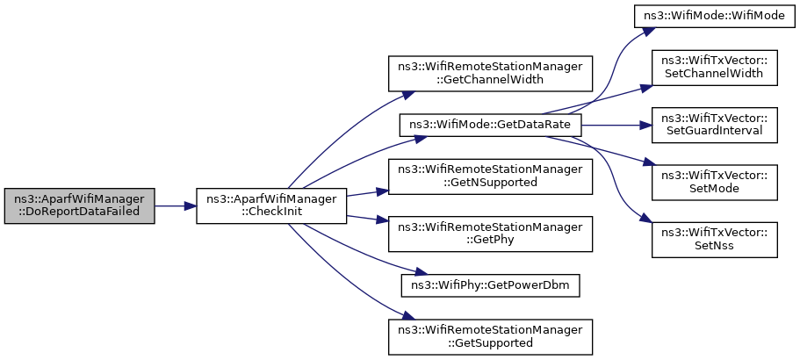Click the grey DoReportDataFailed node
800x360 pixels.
pos(80,206)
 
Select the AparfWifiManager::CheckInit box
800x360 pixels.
pos(272,206)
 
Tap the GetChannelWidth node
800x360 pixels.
pos(490,74)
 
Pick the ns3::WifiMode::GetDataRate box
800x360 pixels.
pos(490,126)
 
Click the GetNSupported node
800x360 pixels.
pos(490,177)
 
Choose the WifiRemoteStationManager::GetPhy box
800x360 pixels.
pos(490,234)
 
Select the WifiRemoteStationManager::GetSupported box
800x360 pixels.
pos(490,337)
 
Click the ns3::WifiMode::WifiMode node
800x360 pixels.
pos(714,18)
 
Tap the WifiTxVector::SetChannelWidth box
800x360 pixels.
pos(714,68)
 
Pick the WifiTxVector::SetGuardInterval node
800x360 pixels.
pos(714,126)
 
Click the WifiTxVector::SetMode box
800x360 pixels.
pos(714,183)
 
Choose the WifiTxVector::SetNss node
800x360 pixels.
pos(714,241)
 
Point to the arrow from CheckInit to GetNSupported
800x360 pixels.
pos(367,193)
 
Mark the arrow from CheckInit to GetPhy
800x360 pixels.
pos(367,219)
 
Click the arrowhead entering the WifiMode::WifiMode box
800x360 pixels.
pos(647,31)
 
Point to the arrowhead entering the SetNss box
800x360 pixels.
pos(646,220)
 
